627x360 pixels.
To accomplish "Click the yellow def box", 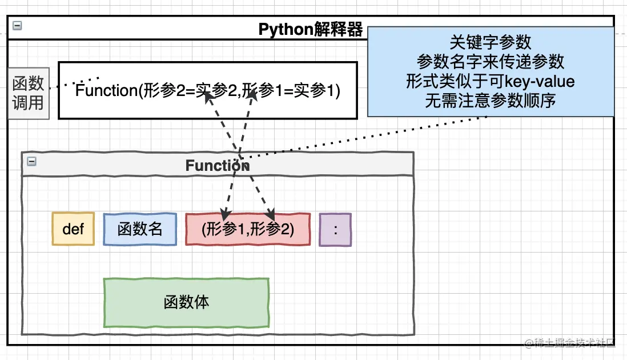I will [x=73, y=229].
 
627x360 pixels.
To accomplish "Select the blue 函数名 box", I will [x=140, y=229].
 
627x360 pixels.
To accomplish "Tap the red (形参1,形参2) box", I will [x=248, y=229].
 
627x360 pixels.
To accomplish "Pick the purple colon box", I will [x=335, y=230].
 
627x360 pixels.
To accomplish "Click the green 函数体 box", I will [x=186, y=302].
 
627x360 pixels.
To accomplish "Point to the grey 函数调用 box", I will [x=29, y=93].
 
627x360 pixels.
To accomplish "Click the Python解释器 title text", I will [x=311, y=30].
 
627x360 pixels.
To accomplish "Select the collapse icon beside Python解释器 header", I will [x=18, y=26].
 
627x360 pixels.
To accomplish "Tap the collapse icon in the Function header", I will [x=32, y=162].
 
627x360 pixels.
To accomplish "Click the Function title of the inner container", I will [x=217, y=166].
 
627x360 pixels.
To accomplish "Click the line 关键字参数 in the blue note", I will [x=491, y=42].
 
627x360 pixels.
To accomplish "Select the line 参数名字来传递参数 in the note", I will [x=491, y=61].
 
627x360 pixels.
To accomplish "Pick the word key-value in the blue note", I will [x=540, y=81].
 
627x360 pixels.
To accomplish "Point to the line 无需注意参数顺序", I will [x=491, y=101].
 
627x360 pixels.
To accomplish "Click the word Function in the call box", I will [x=106, y=91].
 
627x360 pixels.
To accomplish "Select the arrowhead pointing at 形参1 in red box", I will [x=224, y=215].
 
